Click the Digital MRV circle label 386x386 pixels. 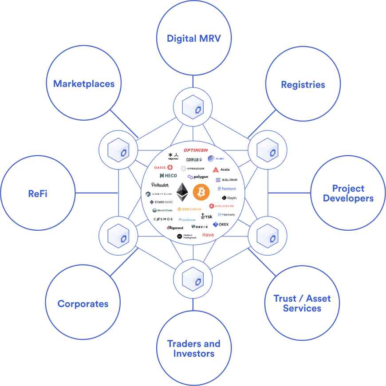point(193,38)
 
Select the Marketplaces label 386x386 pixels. point(84,83)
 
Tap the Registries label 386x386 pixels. point(303,84)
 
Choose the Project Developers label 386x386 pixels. point(348,193)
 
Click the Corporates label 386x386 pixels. point(83,304)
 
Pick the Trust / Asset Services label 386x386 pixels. point(302,303)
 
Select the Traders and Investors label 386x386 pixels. point(193,349)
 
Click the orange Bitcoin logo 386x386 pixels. point(201,193)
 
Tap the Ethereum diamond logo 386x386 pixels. point(182,193)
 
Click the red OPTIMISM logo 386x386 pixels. point(196,150)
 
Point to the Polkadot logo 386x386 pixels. point(160,185)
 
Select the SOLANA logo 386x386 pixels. point(226,180)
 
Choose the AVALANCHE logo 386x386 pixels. point(221,206)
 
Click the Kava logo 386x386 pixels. point(208,234)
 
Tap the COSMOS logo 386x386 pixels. point(163,219)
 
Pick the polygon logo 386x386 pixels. point(198,177)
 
